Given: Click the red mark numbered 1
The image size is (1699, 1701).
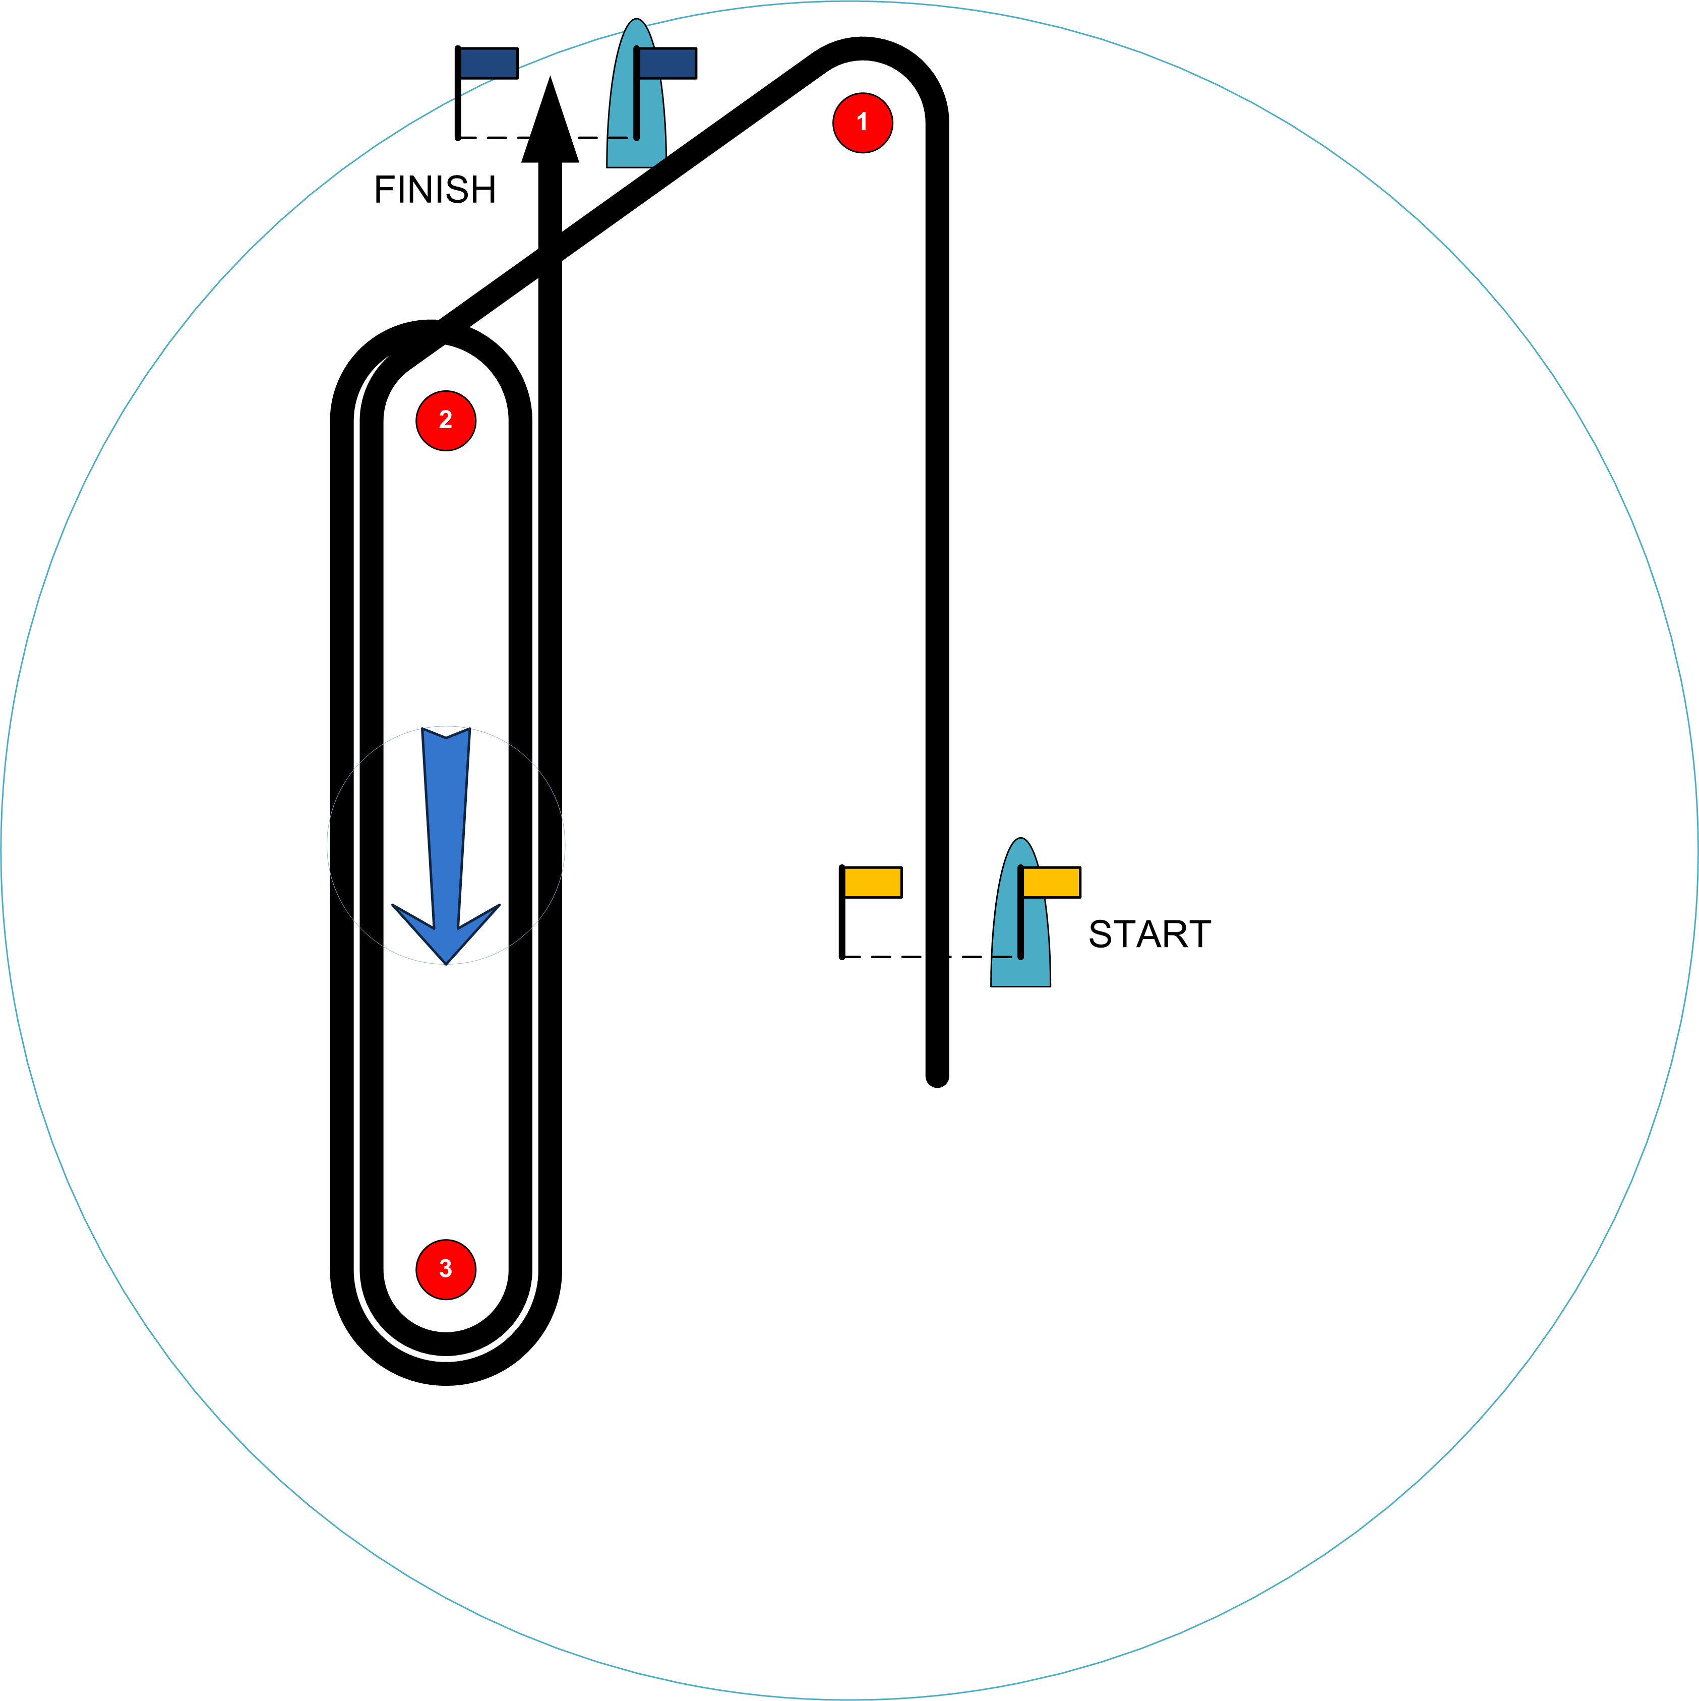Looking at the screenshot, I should coord(863,123).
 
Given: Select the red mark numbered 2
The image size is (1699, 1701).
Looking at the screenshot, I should coord(446,421).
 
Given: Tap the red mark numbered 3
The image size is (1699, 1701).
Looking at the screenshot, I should coord(446,1270).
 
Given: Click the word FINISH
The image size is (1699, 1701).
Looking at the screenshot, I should coord(435,189).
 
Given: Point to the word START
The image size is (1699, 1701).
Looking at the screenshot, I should coord(1149,934).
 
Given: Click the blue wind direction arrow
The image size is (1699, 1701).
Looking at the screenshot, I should coord(446,837).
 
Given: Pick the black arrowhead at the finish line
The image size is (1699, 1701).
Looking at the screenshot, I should coord(550,123).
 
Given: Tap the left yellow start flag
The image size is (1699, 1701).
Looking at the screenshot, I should coord(872,882).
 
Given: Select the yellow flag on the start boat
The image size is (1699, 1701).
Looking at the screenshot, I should coord(1051,882).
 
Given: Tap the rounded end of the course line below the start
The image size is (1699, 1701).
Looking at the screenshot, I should coord(937,1076).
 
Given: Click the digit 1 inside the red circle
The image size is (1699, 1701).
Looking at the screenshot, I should coord(863,123).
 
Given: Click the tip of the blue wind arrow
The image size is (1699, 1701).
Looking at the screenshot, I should coord(446,963).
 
